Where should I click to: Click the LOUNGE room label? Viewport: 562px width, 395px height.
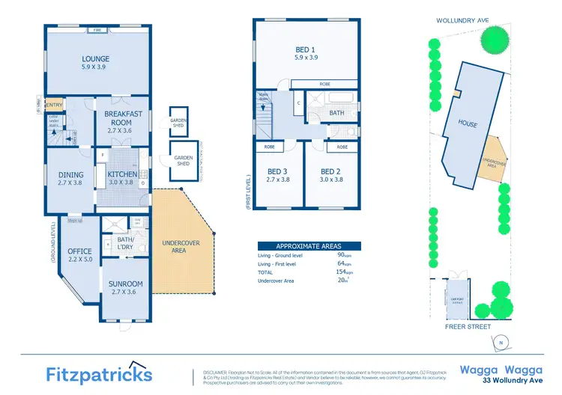point(95,59)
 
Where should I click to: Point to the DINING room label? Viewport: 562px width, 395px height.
point(71,175)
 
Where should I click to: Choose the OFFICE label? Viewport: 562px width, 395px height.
point(79,251)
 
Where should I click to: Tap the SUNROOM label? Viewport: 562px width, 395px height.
point(125,284)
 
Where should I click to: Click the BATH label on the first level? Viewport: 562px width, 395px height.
point(337,113)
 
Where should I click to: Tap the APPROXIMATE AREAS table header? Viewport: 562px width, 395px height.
point(309,246)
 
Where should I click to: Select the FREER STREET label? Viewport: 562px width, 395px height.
point(468,327)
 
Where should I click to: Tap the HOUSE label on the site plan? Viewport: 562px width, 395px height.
point(468,124)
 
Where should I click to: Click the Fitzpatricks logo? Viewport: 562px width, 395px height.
point(99,373)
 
